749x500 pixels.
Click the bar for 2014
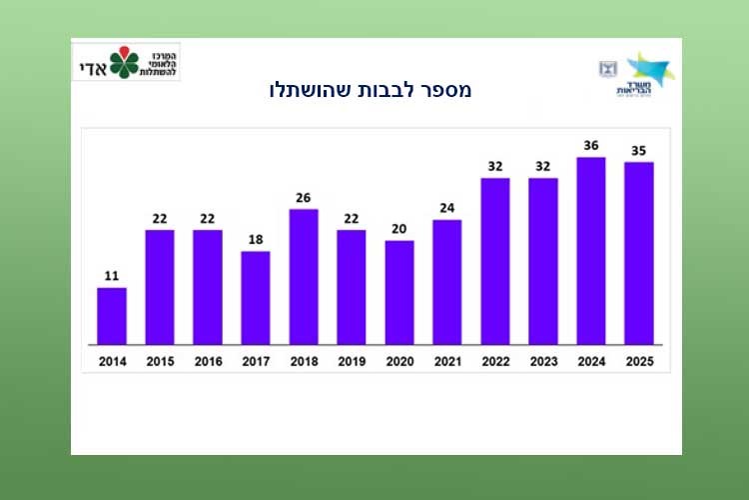pos(112,316)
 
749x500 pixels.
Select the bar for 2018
pos(304,276)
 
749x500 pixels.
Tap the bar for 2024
pos(591,250)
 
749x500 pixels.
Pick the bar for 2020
pos(399,292)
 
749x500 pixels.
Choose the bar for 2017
pos(256,297)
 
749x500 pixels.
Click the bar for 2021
pos(447,281)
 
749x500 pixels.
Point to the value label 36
pos(591,145)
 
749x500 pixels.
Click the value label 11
pos(112,276)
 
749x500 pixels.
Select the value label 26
pos(304,197)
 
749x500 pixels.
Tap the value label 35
pos(639,150)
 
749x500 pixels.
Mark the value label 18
pos(256,239)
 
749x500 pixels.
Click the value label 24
pos(447,208)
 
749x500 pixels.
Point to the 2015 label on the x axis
pos(160,361)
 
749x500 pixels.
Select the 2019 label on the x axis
pos(352,361)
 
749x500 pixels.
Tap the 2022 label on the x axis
pos(495,361)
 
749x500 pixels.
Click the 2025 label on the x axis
pos(639,361)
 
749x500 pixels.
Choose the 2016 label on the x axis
pos(208,361)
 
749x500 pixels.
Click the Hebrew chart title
pos(371,90)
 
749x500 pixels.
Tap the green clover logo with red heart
pos(125,62)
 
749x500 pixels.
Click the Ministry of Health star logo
pos(649,68)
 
